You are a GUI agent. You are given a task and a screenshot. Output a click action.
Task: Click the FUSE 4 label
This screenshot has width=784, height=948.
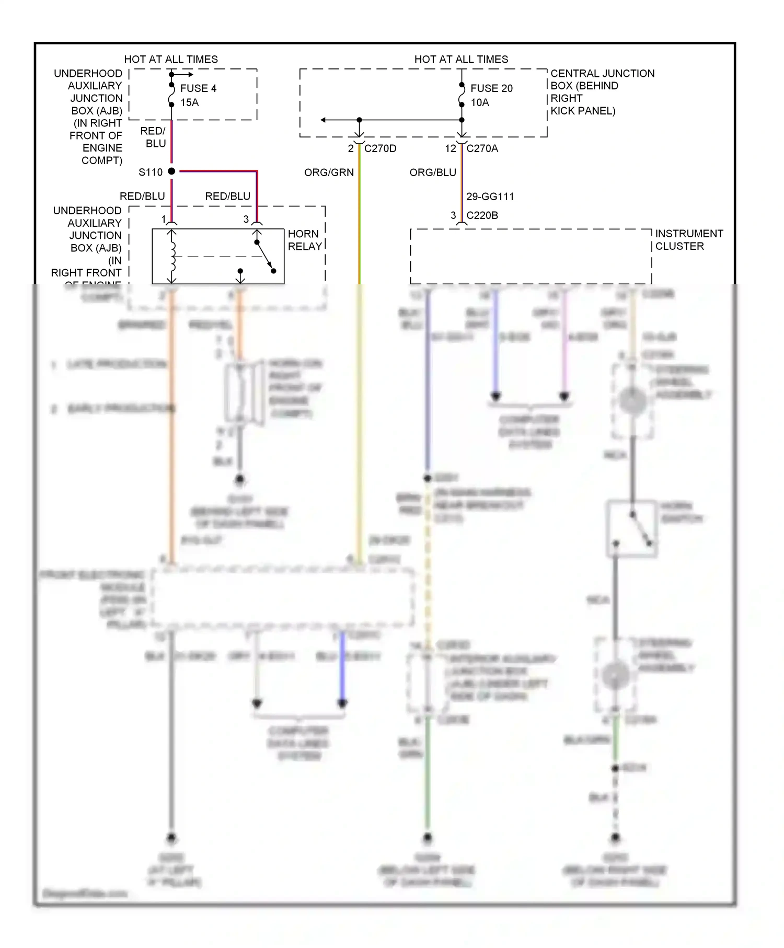pos(198,88)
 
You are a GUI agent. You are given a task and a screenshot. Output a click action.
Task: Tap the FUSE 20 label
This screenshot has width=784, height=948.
pos(491,88)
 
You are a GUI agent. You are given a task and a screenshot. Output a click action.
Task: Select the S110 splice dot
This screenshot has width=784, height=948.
pos(171,171)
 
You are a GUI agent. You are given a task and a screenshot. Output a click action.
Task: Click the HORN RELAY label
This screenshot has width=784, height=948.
pos(305,240)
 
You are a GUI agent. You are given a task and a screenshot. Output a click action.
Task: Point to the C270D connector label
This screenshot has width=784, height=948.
pos(380,148)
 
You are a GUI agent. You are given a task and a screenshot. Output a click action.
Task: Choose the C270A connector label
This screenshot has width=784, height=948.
pos(482,148)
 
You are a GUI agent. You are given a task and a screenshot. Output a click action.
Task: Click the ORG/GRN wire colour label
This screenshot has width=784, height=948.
pos(329,172)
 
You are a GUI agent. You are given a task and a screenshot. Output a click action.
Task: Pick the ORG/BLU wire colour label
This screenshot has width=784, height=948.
pos(432,172)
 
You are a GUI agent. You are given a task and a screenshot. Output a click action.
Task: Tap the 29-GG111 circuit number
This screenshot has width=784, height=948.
pos(490,196)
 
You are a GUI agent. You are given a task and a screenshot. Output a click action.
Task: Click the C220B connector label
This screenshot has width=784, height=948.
pos(482,215)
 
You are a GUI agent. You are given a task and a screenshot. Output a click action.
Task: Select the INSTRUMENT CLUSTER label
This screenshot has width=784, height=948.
pos(688,240)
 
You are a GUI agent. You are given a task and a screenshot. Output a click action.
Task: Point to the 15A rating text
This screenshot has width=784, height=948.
pos(189,102)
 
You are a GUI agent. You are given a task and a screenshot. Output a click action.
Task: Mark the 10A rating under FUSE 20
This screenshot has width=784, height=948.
pos(480,102)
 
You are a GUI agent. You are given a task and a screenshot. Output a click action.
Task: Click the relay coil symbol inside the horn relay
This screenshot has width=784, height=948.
pos(172,256)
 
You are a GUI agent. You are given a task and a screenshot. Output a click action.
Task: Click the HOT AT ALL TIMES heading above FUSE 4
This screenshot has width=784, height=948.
pos(171,59)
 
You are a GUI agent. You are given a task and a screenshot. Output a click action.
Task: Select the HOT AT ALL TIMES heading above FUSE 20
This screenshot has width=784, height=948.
pos(461,59)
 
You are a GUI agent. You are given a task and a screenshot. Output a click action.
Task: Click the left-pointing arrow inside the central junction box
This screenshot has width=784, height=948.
pos(324,120)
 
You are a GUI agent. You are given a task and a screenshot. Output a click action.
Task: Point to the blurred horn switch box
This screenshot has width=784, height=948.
pos(631,528)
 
